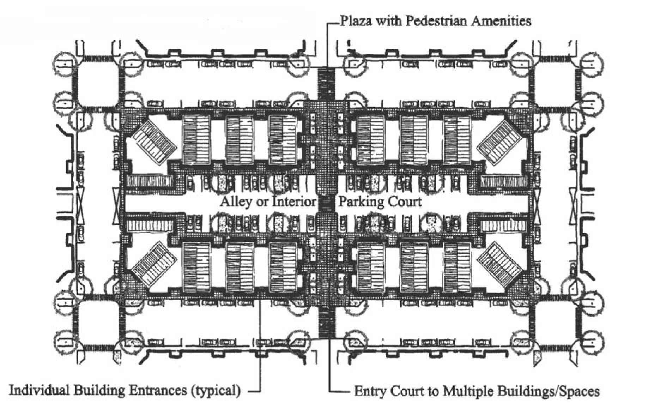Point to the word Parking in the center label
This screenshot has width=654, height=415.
click(x=361, y=202)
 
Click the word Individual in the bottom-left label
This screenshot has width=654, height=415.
click(x=38, y=390)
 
